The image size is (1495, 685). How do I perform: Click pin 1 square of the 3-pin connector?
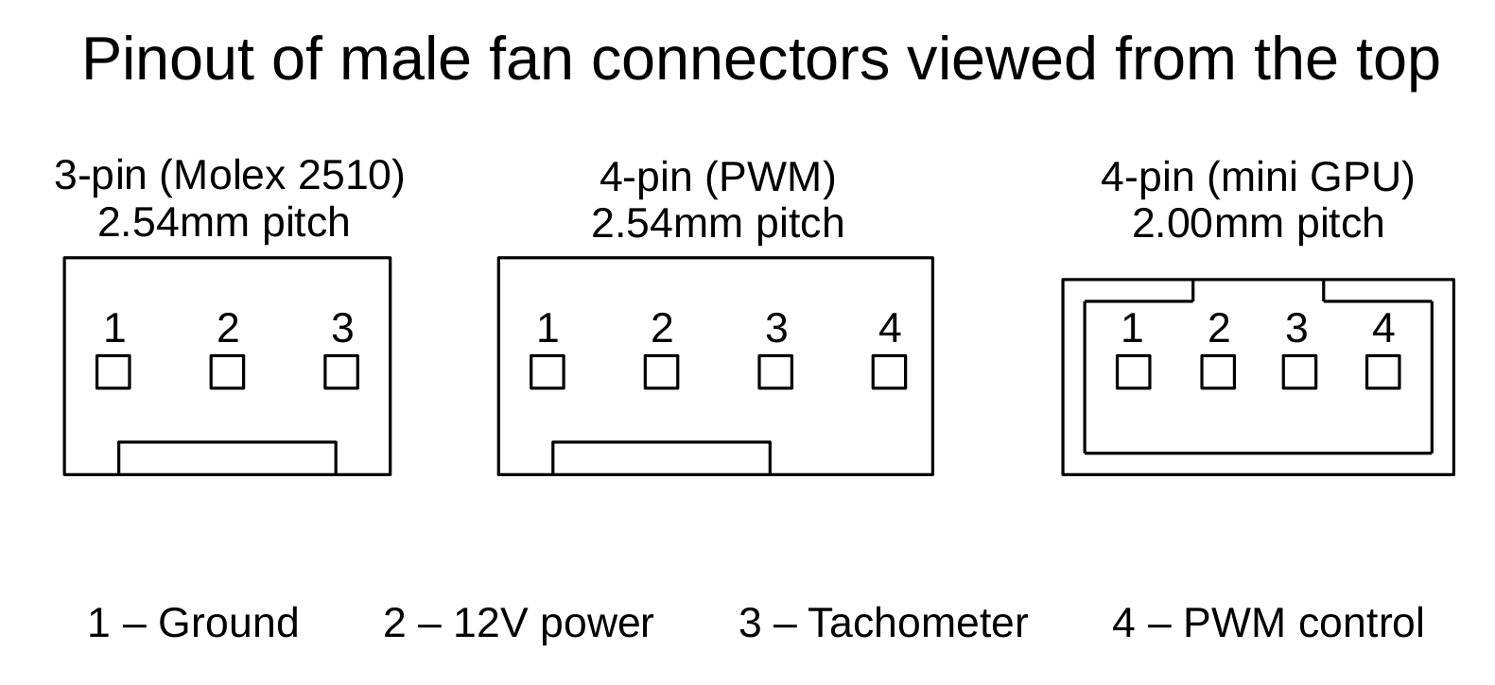tap(113, 372)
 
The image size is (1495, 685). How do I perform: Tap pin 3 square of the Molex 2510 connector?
tap(341, 372)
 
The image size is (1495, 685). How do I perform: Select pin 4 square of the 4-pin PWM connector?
tap(889, 372)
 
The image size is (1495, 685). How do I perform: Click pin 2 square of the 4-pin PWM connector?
tap(661, 372)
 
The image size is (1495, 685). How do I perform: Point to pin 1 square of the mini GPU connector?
tap(1133, 372)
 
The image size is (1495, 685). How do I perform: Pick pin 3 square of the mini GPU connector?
tap(1299, 372)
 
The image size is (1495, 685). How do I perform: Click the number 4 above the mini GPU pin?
tap(1382, 329)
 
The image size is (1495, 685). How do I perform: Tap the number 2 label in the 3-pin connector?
tap(227, 329)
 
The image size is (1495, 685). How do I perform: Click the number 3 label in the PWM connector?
tap(775, 329)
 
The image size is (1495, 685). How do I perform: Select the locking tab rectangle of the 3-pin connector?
tap(227, 457)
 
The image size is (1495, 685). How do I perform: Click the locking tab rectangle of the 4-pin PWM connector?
tap(661, 457)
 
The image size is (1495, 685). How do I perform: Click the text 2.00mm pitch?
tap(1258, 224)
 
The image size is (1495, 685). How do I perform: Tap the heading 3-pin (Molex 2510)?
tap(229, 176)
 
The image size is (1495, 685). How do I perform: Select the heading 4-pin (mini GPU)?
tap(1258, 178)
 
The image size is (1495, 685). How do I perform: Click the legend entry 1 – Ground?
tap(193, 624)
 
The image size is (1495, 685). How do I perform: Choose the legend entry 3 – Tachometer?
tap(883, 624)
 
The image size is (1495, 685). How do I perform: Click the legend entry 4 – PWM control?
tap(1267, 624)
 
